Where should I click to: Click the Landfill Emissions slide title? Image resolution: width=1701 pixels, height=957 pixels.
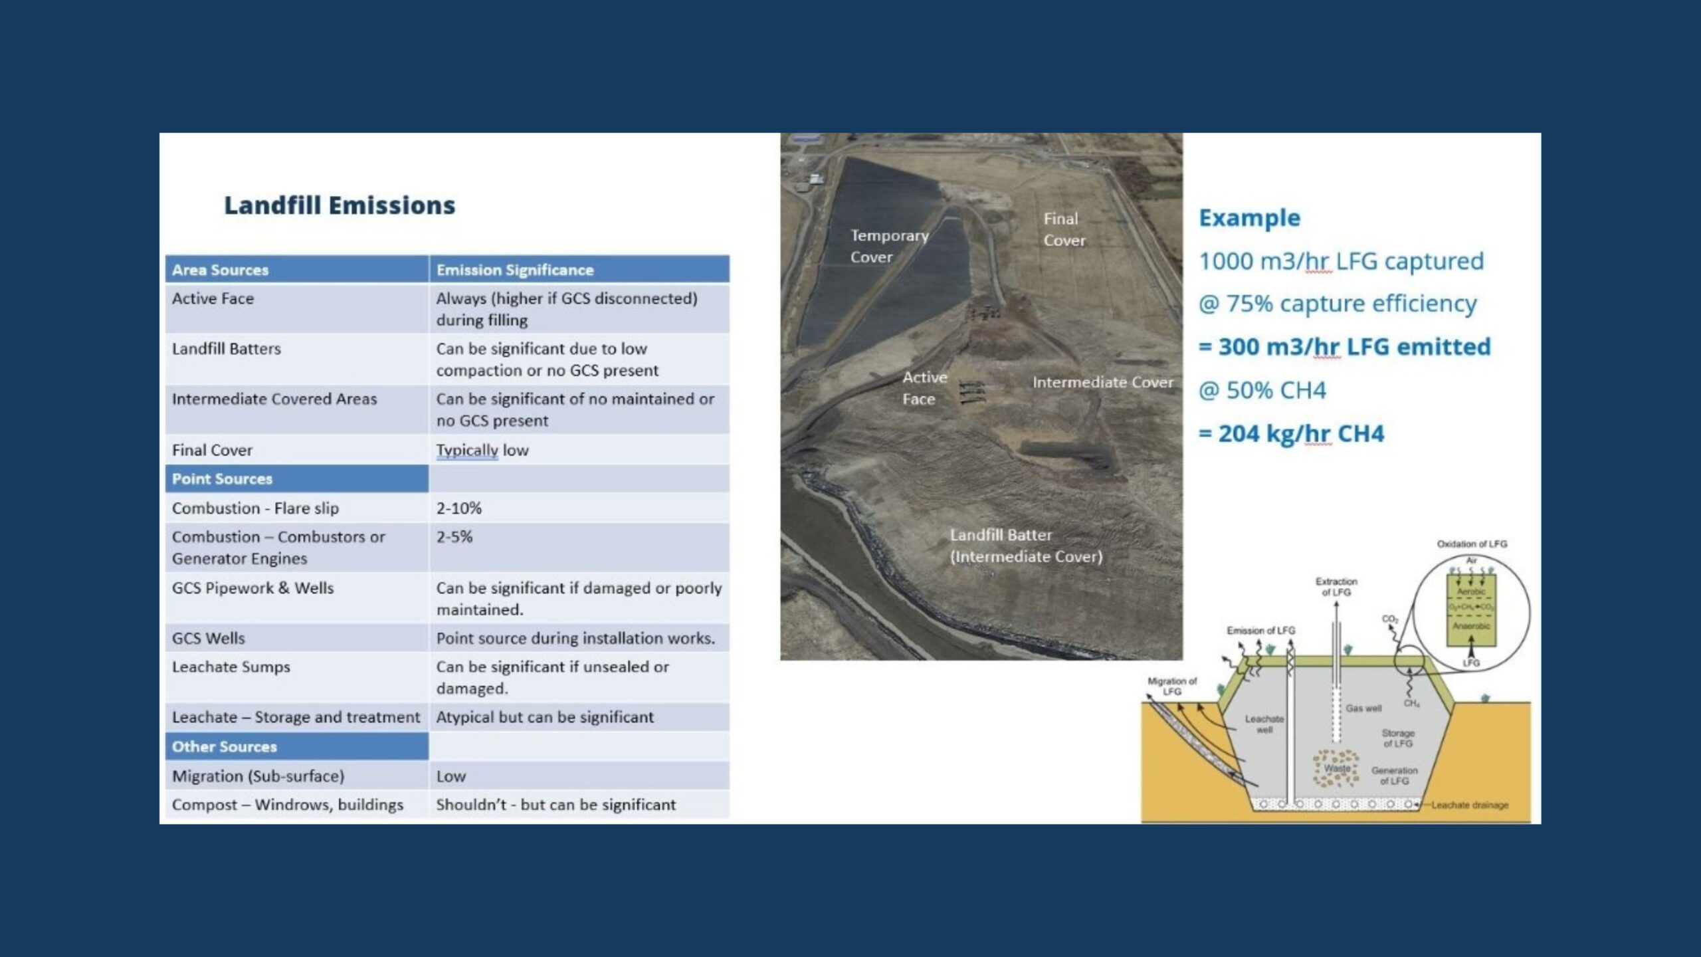point(340,205)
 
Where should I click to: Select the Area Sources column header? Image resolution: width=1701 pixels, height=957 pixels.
point(220,270)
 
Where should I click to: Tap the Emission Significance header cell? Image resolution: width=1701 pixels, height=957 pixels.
point(514,270)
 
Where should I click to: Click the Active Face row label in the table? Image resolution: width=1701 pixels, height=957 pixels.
point(213,299)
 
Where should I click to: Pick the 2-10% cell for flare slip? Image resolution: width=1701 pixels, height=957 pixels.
point(458,508)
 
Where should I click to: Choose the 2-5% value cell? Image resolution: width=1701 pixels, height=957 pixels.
point(454,537)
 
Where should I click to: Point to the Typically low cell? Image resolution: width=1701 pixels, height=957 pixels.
point(482,450)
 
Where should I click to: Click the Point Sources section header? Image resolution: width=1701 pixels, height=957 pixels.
point(222,479)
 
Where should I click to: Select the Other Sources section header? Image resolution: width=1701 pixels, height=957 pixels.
point(224,747)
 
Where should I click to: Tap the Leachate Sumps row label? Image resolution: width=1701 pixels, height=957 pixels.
point(231,667)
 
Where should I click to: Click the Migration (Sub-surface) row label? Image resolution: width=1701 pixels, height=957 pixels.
point(258,776)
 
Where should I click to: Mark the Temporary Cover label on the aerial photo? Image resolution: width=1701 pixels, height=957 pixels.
point(889,246)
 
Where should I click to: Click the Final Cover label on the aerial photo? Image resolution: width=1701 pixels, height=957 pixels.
point(1063,229)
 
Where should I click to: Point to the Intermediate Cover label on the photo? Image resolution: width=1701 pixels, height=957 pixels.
point(1102,383)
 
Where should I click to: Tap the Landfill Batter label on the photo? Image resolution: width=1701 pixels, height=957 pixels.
point(1025,546)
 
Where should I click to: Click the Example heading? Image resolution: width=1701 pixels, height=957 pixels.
point(1249,218)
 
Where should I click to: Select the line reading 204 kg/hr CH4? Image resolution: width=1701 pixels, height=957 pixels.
point(1291,434)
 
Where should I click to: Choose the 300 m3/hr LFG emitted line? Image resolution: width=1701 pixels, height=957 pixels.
point(1344,347)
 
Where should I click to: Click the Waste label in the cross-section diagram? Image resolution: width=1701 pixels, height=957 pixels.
point(1337,768)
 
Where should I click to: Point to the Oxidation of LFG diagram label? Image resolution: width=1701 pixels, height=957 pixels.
point(1472,544)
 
